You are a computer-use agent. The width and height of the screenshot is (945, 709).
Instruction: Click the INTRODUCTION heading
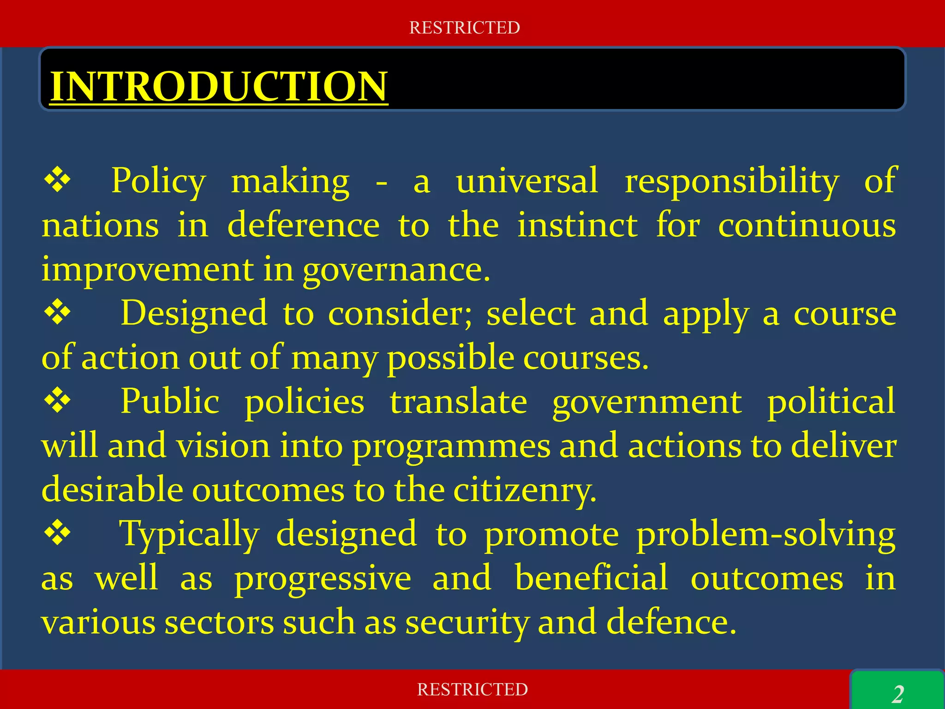(x=219, y=86)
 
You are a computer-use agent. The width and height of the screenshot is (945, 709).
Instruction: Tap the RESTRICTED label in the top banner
(x=465, y=28)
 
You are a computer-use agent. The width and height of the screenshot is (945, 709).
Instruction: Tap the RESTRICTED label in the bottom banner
(x=472, y=690)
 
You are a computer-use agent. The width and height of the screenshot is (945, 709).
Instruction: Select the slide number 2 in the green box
(x=898, y=694)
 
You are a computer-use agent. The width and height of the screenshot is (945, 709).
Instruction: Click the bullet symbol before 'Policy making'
(x=57, y=180)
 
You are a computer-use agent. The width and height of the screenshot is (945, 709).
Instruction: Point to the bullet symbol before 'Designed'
(x=57, y=313)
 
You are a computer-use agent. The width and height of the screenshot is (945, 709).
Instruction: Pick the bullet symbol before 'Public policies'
(x=57, y=400)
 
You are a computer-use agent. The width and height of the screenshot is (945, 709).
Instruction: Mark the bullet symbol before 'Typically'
(x=57, y=533)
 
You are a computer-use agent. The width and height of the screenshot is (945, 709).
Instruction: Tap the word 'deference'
(x=304, y=225)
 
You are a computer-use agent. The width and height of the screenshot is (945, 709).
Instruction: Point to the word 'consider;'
(x=400, y=314)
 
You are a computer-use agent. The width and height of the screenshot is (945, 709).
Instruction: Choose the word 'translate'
(x=459, y=401)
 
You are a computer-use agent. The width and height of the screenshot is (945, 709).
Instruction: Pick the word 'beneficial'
(x=591, y=577)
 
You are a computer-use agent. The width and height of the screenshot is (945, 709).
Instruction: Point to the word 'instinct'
(x=578, y=225)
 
